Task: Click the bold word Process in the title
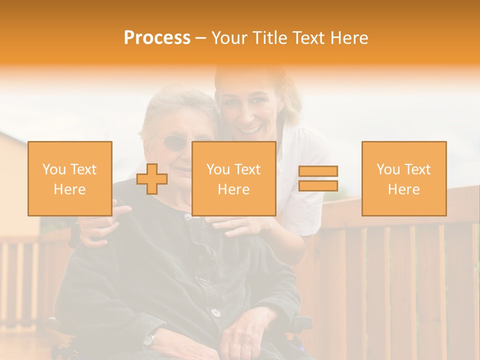(157, 38)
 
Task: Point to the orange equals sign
(318, 178)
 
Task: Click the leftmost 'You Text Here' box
(70, 178)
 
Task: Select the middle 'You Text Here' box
(234, 178)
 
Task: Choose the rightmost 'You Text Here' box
(404, 178)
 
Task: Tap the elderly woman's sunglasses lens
(175, 144)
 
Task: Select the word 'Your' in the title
(230, 38)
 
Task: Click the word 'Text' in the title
(307, 38)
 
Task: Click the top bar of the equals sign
(318, 171)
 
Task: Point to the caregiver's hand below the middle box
(235, 225)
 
